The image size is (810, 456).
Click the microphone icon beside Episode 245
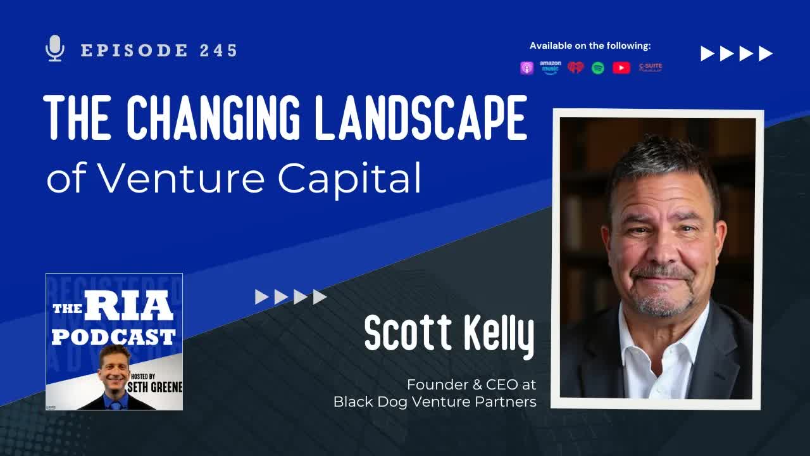click(x=56, y=49)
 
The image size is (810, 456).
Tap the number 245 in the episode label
click(x=218, y=51)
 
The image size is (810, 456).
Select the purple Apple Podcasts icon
click(x=526, y=68)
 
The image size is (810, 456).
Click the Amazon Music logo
click(x=550, y=67)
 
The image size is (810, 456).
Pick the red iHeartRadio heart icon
click(x=575, y=68)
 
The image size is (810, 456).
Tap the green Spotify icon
click(x=597, y=68)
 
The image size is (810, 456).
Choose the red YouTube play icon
click(x=621, y=68)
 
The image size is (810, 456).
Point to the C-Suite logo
click(x=651, y=67)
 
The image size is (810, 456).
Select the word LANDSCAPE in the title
click(x=421, y=118)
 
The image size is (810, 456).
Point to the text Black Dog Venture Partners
click(x=435, y=402)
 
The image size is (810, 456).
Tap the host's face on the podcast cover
click(x=115, y=363)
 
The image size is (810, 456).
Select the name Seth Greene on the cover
click(x=155, y=386)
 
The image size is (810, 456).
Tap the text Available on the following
click(x=590, y=46)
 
